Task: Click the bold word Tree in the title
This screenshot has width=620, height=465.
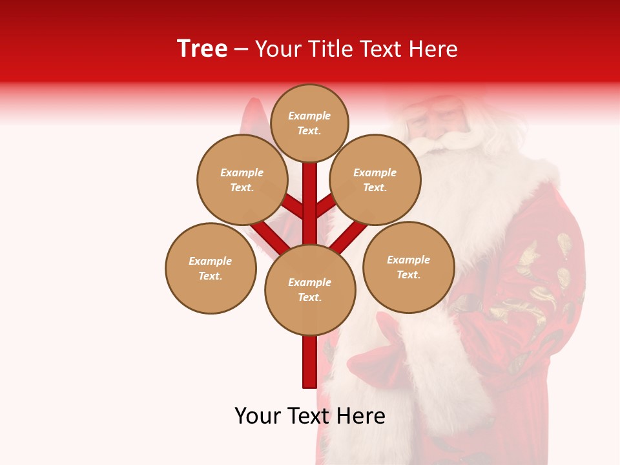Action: click(x=202, y=49)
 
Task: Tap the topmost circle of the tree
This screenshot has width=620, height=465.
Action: click(x=309, y=123)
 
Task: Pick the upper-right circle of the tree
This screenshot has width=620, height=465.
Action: click(x=375, y=180)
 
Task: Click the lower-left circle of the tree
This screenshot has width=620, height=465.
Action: click(x=211, y=268)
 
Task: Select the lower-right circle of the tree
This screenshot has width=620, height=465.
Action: click(x=409, y=267)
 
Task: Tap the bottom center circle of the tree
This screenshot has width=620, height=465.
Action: click(x=310, y=290)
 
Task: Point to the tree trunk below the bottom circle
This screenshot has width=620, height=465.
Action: click(x=309, y=362)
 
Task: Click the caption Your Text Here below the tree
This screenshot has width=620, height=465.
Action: click(x=310, y=416)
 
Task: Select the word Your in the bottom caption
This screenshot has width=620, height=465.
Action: click(x=258, y=416)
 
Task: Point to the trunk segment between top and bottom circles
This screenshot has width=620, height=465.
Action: click(x=309, y=203)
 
